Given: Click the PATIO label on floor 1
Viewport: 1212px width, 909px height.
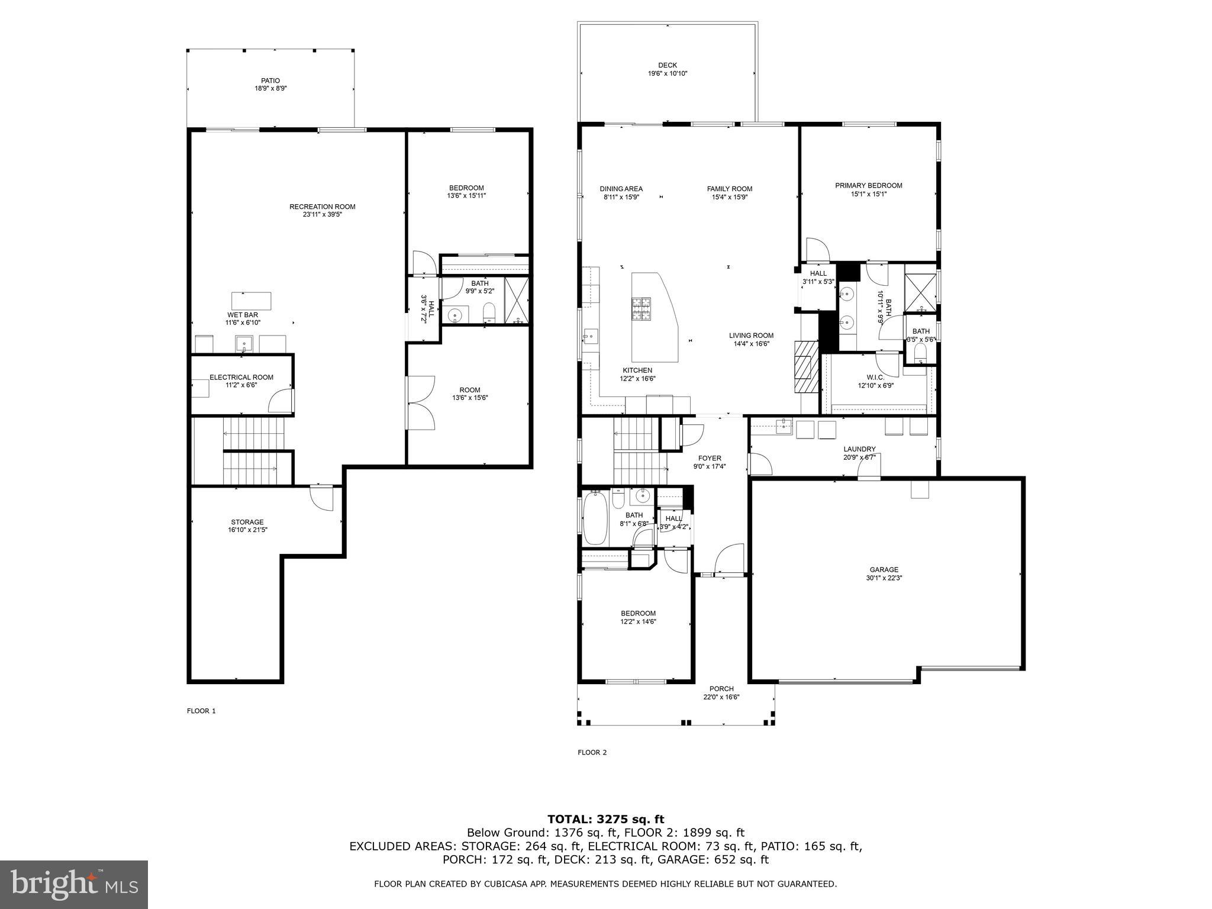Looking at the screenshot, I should click(x=270, y=80).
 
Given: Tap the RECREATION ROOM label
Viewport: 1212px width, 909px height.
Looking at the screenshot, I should click(x=322, y=207).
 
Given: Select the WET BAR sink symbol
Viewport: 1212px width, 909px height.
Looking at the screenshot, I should click(x=243, y=343).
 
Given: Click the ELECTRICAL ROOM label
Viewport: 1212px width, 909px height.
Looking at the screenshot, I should click(x=241, y=377).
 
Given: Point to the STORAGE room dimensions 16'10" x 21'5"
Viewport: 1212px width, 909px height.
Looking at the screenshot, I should click(x=247, y=530).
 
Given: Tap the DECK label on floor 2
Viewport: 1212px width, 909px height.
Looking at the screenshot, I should click(x=667, y=66).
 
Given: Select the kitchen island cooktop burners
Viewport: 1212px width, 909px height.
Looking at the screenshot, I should click(x=640, y=308).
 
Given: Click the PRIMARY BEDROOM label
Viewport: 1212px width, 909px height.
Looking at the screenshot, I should click(x=868, y=185).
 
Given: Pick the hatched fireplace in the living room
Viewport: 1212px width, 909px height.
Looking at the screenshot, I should click(x=804, y=367).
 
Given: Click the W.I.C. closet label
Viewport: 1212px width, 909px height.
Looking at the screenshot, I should click(x=875, y=377).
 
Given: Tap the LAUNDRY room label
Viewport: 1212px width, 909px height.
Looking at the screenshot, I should click(x=859, y=449).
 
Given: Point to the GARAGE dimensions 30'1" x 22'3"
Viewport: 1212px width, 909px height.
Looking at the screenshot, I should click(x=884, y=578).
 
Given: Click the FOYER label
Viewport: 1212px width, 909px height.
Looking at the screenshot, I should click(x=710, y=458).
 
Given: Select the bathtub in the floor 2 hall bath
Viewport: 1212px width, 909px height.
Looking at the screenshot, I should click(x=596, y=520).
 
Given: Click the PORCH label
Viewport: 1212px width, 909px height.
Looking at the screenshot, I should click(x=721, y=688).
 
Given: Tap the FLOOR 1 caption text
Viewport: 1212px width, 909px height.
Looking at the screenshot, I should click(x=201, y=711).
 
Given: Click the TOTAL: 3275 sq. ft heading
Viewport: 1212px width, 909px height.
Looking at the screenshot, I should click(x=605, y=820).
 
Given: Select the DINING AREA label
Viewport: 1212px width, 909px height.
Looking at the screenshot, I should click(x=621, y=189).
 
